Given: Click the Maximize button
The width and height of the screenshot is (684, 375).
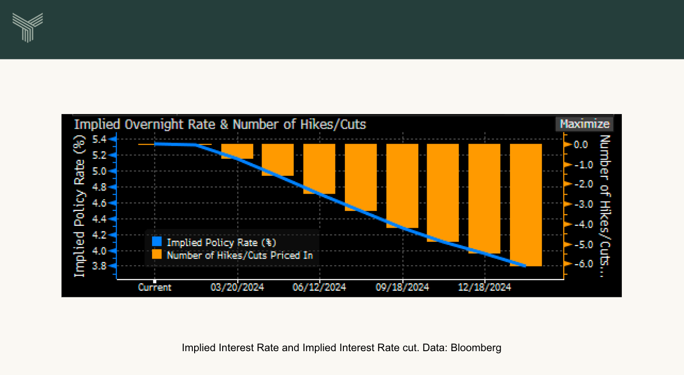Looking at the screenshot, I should click(x=584, y=124).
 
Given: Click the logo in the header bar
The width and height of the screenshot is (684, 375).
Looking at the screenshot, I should click(x=28, y=27).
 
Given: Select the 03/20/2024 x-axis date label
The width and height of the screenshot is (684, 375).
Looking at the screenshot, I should click(x=237, y=287).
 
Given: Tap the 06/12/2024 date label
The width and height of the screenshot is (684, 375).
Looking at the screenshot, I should click(x=319, y=287).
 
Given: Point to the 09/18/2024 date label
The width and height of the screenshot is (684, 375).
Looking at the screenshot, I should click(x=402, y=287).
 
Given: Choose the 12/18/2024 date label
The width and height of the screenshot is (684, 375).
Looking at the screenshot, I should click(x=485, y=287).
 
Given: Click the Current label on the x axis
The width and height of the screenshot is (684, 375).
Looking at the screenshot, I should click(x=155, y=287).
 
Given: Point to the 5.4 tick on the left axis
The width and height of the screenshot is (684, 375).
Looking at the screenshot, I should click(x=100, y=139).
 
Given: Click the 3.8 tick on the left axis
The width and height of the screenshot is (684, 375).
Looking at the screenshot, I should click(x=100, y=266).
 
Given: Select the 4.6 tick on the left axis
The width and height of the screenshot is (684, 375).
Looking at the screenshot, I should click(x=100, y=203).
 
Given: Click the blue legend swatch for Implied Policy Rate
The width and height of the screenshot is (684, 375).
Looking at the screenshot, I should click(x=157, y=242).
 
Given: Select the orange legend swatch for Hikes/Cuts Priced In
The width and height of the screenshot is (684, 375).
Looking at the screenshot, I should click(x=157, y=255).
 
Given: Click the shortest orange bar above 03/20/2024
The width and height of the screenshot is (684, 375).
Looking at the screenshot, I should click(x=237, y=151).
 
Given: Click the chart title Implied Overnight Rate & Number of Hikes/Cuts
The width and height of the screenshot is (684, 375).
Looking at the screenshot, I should click(x=220, y=124).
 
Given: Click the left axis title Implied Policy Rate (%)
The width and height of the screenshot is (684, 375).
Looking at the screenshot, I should click(x=80, y=206).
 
